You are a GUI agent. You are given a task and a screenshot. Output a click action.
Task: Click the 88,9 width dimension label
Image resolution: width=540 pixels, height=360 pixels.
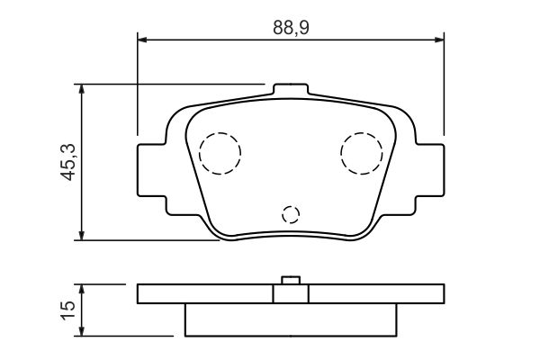291,28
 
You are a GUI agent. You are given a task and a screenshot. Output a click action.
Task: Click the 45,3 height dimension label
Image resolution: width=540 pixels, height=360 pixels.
68,162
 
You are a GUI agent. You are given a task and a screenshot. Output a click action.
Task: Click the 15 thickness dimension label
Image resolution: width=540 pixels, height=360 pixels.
68,310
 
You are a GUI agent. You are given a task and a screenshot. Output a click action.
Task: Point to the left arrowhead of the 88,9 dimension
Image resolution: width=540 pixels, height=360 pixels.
142,40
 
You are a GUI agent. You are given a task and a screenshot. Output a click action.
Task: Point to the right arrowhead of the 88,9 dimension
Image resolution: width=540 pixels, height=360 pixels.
439,40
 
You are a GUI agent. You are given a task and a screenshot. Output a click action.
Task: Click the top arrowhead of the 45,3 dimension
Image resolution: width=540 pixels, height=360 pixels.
81,89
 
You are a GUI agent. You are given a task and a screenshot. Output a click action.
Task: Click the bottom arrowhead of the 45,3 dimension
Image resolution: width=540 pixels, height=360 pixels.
81,235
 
